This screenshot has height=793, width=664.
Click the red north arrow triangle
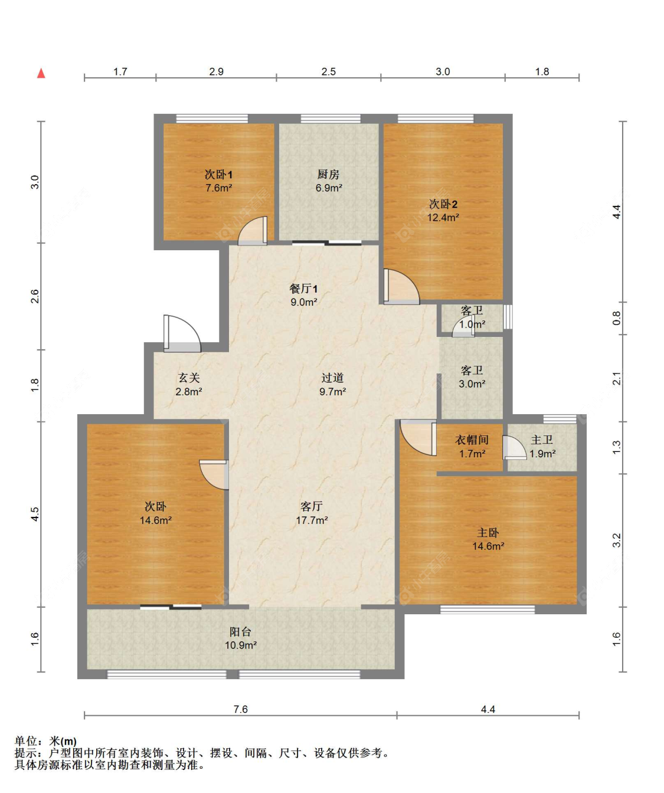(41, 73)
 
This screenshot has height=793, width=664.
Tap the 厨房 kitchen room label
(329, 174)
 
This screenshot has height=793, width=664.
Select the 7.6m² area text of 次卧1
(219, 188)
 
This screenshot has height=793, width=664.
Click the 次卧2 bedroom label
(443, 204)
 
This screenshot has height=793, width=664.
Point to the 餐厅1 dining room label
(304, 289)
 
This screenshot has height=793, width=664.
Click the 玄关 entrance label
(189, 378)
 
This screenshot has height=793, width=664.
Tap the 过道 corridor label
(332, 378)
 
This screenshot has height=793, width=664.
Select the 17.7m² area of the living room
(312, 520)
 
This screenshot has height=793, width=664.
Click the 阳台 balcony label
(240, 632)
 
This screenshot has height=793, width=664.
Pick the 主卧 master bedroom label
(488, 532)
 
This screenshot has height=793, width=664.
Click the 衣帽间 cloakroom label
(472, 440)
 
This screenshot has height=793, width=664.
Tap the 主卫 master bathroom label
(542, 440)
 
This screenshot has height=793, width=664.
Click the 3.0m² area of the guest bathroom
(472, 384)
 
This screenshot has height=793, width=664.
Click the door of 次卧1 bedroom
(253, 231)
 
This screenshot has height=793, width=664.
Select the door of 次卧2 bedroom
(401, 287)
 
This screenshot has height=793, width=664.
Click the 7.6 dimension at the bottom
(240, 709)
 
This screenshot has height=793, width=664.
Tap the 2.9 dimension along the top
(216, 71)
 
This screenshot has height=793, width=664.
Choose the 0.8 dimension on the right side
(617, 318)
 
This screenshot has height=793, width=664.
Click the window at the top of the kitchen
(331, 119)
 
